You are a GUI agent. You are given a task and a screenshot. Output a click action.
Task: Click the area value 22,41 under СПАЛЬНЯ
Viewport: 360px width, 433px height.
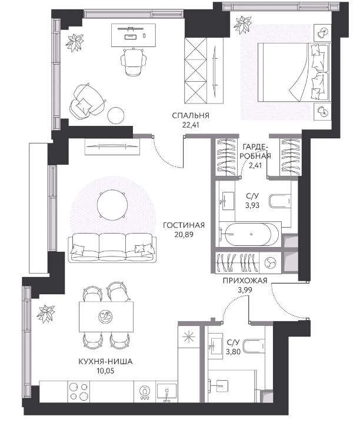[191, 125]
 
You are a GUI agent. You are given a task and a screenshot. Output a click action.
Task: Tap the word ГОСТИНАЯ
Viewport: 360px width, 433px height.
[184, 225]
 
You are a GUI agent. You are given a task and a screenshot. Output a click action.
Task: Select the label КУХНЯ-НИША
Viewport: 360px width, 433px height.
[105, 362]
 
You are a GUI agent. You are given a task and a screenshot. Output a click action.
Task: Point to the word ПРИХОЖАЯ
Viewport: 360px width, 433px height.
[245, 281]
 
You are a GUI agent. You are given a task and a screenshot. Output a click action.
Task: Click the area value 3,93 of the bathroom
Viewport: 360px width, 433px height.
[252, 205]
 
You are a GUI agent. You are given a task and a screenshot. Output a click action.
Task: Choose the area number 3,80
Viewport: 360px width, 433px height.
[233, 352]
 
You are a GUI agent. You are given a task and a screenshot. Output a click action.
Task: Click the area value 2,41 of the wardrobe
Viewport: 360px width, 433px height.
[255, 166]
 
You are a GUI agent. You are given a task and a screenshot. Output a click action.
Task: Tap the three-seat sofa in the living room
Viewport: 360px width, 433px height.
[112, 248]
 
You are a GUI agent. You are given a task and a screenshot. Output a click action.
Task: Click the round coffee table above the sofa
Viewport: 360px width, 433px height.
[112, 205]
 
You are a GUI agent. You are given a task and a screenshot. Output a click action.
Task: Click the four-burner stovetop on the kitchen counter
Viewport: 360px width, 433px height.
[79, 392]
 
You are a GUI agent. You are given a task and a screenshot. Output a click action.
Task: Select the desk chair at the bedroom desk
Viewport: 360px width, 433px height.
[134, 62]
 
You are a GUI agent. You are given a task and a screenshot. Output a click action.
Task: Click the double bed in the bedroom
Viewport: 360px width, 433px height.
[294, 72]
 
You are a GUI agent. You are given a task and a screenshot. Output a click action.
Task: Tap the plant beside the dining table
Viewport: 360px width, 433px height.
[46, 314]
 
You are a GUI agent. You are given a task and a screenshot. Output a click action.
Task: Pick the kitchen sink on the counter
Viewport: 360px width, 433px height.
[166, 392]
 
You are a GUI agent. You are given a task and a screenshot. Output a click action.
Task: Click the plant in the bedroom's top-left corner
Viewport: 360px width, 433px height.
[75, 42]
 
